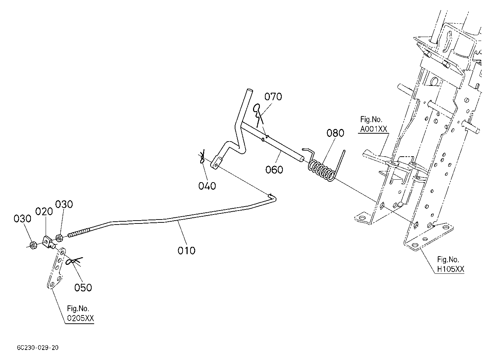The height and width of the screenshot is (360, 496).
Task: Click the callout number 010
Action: coord(187,251)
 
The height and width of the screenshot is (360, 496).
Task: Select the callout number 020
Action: coord(44,212)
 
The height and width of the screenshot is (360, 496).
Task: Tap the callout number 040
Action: coord(207,186)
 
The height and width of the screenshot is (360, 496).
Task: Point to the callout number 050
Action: coord(83,287)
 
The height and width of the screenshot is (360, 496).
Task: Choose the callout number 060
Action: coord(274,170)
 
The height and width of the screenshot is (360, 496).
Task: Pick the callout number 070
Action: coord(273,97)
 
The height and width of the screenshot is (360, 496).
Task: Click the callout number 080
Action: coord(335,133)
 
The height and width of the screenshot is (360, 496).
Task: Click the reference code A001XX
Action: coord(373,129)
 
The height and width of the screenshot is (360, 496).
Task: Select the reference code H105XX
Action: coord(451,269)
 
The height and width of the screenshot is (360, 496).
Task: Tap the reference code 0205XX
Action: coord(81,318)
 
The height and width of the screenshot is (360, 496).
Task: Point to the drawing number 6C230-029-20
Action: coord(38,348)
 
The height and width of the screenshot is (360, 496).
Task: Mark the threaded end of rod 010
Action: coord(79,233)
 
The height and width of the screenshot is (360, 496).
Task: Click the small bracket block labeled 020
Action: coord(47,242)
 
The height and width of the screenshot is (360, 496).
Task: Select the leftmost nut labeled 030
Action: coord(33,245)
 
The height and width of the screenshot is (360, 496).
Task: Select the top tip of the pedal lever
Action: coord(249,90)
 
